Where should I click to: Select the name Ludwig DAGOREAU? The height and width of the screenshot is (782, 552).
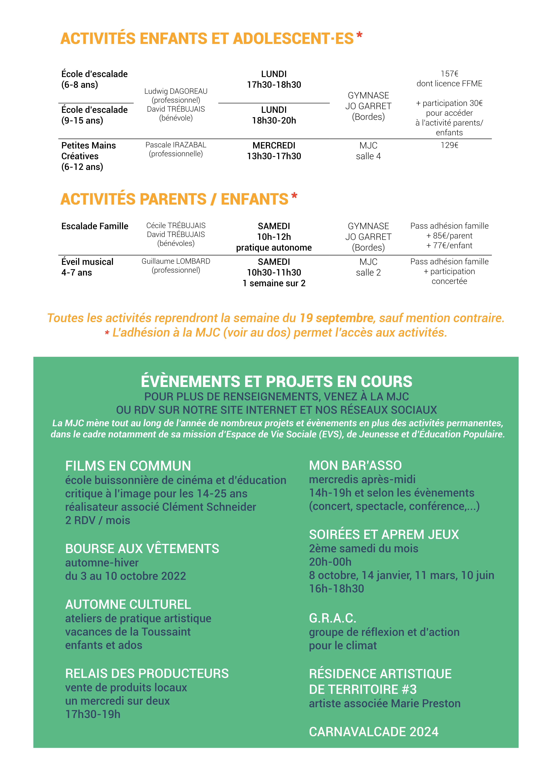tap(176, 91)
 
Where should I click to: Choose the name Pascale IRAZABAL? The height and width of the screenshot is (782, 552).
tap(176, 145)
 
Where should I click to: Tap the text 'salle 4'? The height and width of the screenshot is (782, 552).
tap(368, 156)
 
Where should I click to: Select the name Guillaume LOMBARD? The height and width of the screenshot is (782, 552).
tap(176, 261)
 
